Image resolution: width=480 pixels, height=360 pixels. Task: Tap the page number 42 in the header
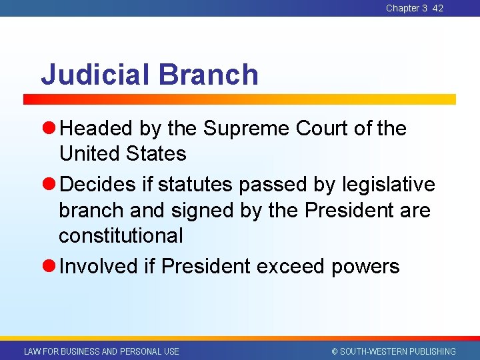point(437,8)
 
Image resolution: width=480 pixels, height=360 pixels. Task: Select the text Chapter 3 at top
point(407,8)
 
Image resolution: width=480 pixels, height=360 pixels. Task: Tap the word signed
point(201,210)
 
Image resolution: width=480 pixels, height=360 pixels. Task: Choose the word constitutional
point(121,235)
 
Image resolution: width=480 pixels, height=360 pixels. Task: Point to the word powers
point(365,267)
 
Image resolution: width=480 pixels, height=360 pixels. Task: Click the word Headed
point(97,128)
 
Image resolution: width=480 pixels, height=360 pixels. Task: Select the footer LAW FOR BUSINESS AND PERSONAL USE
point(101,351)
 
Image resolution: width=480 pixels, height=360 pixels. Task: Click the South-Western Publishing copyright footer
point(393,351)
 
